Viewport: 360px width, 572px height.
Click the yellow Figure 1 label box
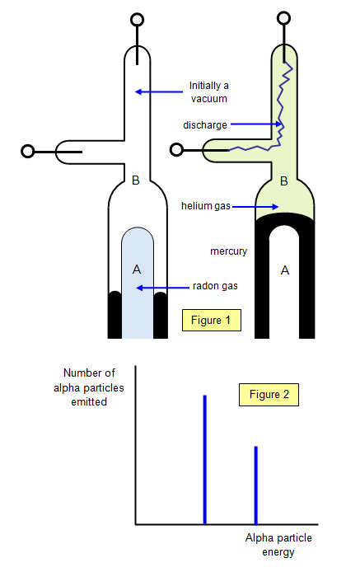(212, 321)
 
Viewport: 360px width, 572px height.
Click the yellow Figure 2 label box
(269, 395)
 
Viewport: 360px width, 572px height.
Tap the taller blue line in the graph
(204, 460)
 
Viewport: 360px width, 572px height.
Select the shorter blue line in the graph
(256, 485)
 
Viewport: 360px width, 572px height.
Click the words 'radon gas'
(215, 286)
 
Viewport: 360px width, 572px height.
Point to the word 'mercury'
(229, 251)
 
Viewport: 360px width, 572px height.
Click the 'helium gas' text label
(206, 206)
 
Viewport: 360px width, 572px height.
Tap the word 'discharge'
(205, 125)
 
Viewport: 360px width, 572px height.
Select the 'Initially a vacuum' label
(209, 92)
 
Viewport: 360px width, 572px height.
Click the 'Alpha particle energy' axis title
(278, 545)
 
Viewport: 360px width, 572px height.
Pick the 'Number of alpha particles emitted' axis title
(89, 387)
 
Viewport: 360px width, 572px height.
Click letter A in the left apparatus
(137, 270)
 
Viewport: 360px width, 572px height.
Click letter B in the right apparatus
(283, 181)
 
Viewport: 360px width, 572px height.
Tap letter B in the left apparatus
(136, 181)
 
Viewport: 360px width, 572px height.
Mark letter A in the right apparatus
(285, 270)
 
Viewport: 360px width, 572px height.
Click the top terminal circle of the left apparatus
(137, 20)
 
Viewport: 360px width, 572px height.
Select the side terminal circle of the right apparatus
(177, 150)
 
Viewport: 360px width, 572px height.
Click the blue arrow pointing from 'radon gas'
(162, 288)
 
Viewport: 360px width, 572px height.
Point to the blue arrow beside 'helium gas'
(255, 207)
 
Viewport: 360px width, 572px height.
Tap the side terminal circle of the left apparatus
(28, 152)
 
